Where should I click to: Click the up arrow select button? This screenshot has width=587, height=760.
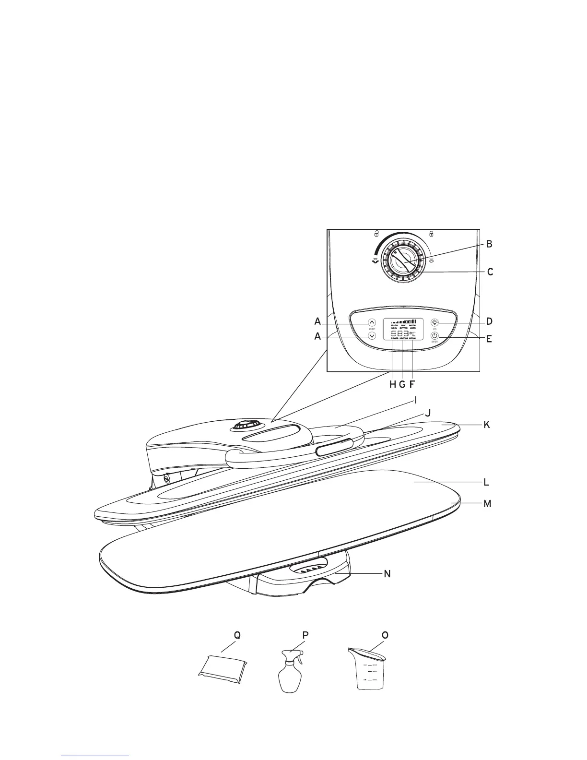pyautogui.click(x=372, y=323)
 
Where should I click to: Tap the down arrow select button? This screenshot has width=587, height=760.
pyautogui.click(x=372, y=336)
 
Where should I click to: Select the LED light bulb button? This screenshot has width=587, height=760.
pyautogui.click(x=434, y=323)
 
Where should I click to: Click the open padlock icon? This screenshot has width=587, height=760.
pyautogui.click(x=376, y=234)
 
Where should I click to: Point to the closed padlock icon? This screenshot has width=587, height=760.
pyautogui.click(x=431, y=234)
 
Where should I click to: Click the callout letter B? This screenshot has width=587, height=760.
pyautogui.click(x=489, y=244)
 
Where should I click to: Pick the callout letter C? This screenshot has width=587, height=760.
pyautogui.click(x=490, y=272)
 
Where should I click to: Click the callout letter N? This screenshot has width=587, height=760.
pyautogui.click(x=387, y=573)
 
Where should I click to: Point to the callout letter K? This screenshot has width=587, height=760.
pyautogui.click(x=487, y=425)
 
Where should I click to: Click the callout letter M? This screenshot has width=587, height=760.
pyautogui.click(x=487, y=504)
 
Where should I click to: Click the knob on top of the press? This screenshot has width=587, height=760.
pyautogui.click(x=247, y=425)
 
